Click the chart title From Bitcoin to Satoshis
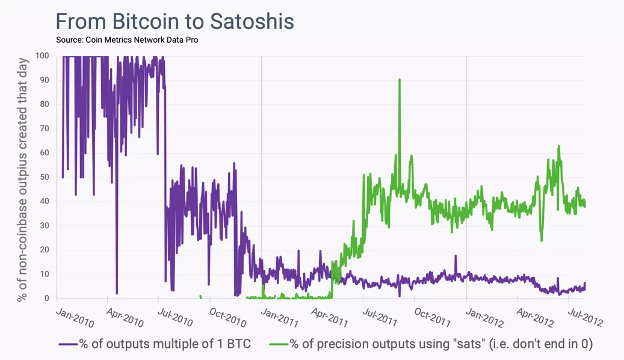175,21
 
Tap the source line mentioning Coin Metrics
126,40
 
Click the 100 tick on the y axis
42,56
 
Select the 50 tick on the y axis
45,177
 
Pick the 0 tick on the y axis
47,299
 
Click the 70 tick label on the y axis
45,129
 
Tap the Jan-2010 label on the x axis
75,317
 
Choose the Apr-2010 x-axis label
125,317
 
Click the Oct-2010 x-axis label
227,317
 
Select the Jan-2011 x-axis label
279,317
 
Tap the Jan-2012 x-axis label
484,317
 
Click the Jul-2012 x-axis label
585,317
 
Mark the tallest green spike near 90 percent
399,80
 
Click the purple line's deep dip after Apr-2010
117,292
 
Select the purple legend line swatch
68,344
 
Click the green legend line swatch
279,344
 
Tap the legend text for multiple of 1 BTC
165,344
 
